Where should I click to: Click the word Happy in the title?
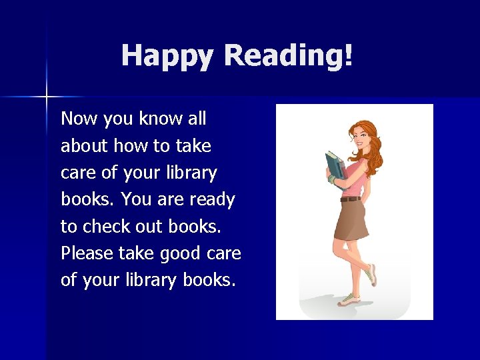click(x=169, y=56)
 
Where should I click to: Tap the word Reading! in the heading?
click(x=288, y=56)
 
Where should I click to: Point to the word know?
click(x=161, y=119)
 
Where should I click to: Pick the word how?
click(x=133, y=146)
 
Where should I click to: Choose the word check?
click(x=103, y=227)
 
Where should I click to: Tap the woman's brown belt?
click(x=351, y=199)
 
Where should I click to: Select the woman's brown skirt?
click(x=351, y=220)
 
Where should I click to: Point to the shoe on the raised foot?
click(x=371, y=273)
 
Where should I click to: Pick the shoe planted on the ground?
click(x=348, y=301)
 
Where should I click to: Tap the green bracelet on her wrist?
click(x=331, y=179)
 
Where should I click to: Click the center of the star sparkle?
click(x=47, y=97)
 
